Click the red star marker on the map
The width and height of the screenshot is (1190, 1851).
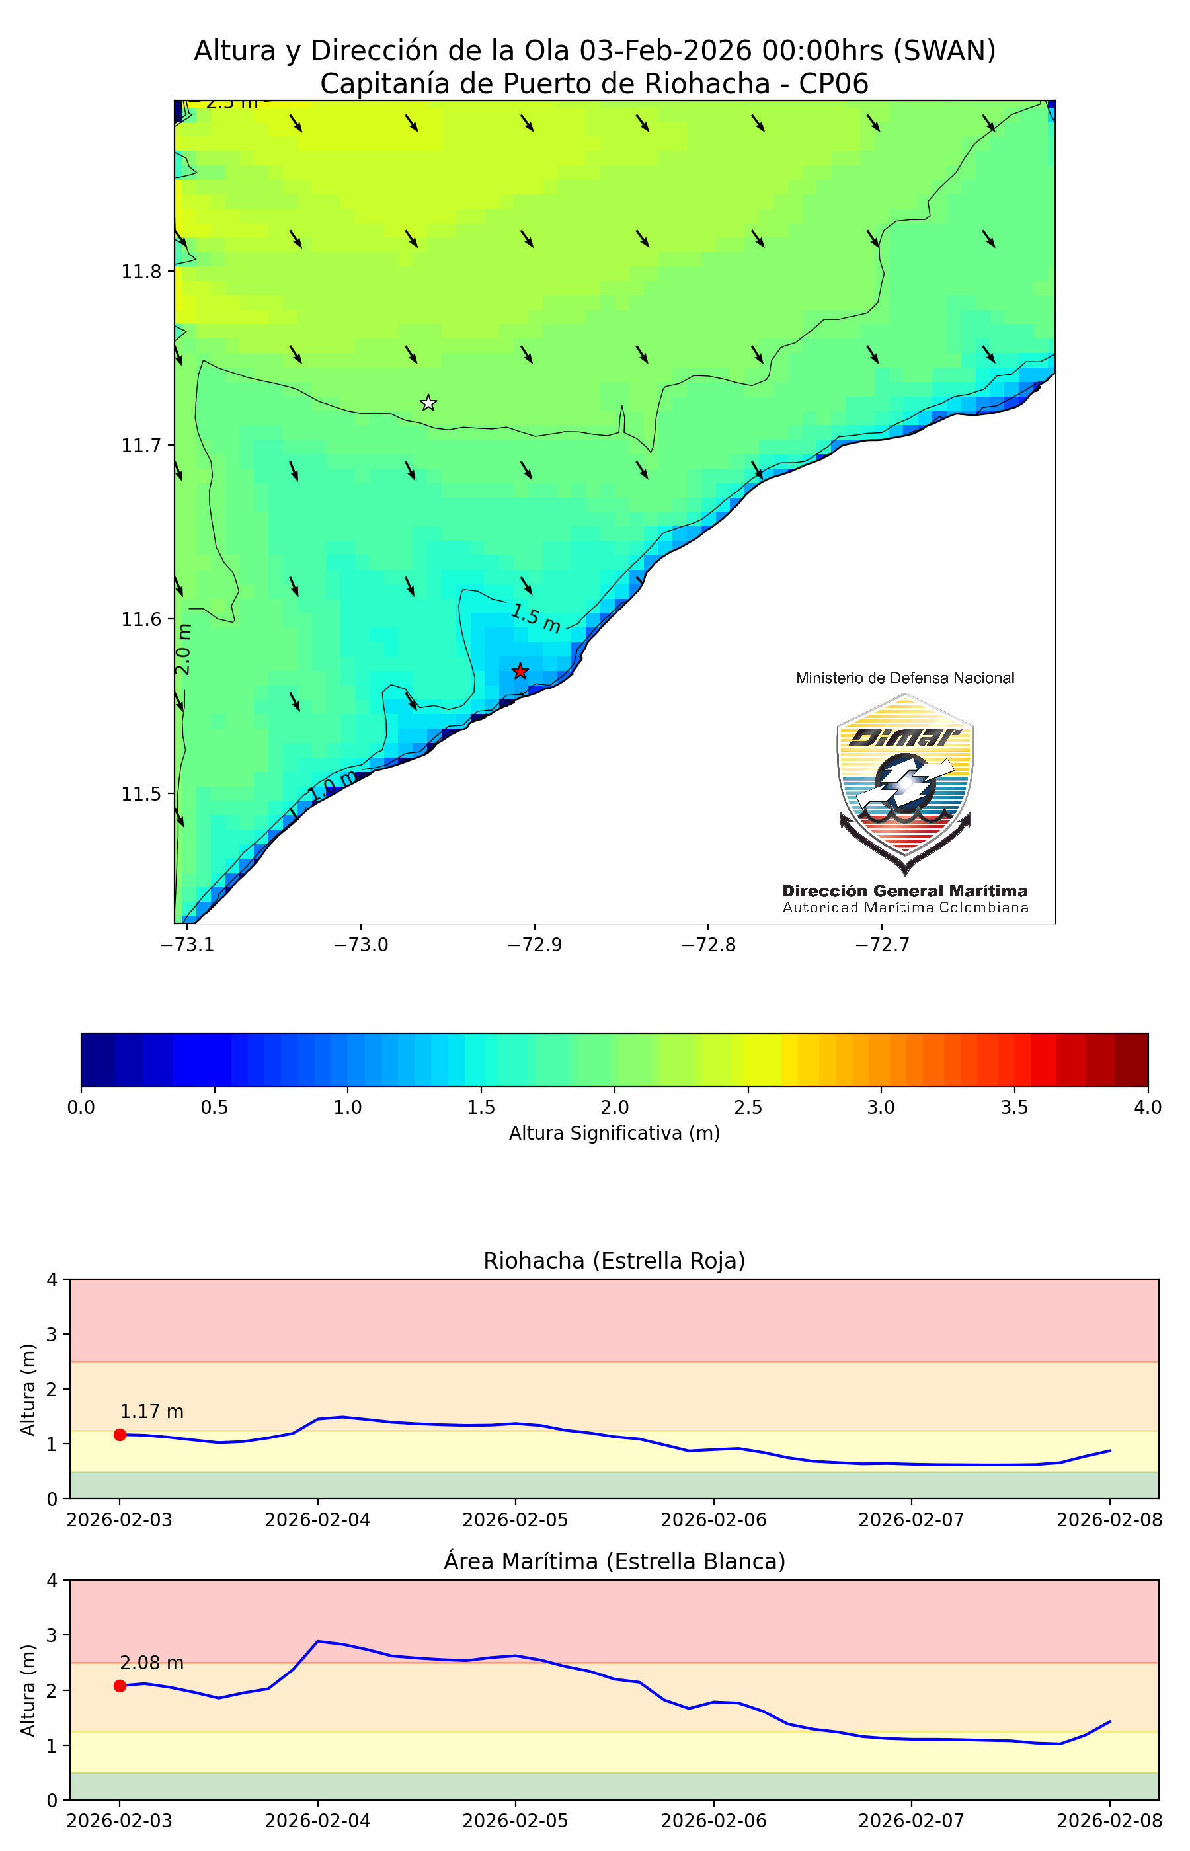(x=520, y=670)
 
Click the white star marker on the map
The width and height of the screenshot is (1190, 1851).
(x=428, y=403)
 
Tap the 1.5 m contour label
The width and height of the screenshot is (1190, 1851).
(x=535, y=618)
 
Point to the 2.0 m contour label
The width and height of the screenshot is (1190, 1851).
(x=183, y=649)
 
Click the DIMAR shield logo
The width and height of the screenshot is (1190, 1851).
(x=905, y=783)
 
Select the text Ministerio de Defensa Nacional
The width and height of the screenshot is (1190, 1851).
(x=905, y=678)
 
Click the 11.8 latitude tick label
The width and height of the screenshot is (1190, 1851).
(x=141, y=272)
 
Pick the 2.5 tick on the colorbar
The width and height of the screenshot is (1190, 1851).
(x=748, y=1107)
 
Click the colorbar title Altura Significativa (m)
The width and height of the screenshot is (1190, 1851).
(x=614, y=1132)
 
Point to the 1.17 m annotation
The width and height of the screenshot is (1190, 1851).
(x=151, y=1411)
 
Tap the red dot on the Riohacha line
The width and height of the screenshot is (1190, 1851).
(x=120, y=1435)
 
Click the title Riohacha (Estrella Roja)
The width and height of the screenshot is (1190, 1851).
(x=614, y=1261)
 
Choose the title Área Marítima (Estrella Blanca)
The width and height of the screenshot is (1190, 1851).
(x=614, y=1561)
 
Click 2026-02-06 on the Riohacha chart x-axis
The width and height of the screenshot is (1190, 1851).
(x=713, y=1520)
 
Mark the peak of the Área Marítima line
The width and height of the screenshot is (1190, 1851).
(x=319, y=1641)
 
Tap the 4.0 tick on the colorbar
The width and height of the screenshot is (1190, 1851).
(x=1148, y=1107)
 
